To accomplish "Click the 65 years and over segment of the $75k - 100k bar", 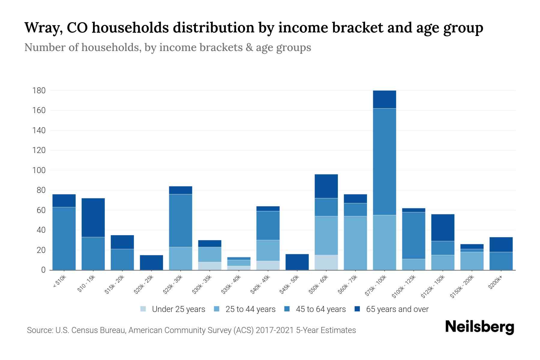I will (384, 99).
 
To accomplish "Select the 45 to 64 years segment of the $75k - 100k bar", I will (384, 162).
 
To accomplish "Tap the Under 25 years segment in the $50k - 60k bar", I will (326, 262).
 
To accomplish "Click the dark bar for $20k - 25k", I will (151, 262).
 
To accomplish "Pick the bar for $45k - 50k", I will (297, 262).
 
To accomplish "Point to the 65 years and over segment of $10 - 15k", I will (93, 217).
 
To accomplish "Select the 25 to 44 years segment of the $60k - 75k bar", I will (355, 243).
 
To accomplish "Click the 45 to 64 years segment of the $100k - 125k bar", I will (413, 235).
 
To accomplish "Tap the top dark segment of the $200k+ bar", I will (501, 244).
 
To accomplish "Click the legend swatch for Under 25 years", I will (143, 309).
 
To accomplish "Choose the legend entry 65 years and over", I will (397, 309).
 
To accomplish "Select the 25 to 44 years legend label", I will (250, 309).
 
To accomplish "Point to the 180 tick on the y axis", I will (39, 91).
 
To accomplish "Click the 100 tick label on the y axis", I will (39, 170).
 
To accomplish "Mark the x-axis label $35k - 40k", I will (231, 284).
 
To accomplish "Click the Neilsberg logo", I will (479, 327).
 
